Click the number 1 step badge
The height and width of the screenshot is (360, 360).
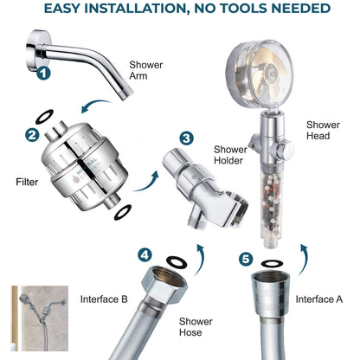43,74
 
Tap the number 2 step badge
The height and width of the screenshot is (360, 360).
32,135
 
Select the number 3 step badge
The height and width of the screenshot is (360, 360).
186,138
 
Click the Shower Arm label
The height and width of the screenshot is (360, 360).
145,71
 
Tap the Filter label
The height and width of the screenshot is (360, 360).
27,183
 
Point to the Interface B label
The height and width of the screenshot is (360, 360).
104,299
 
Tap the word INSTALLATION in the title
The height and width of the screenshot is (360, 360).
142,9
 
